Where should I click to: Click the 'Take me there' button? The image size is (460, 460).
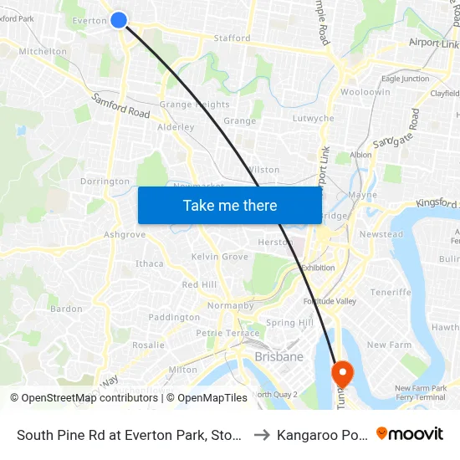click(230, 205)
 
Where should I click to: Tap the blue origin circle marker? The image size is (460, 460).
click(119, 20)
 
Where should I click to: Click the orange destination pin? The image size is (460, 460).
click(343, 371)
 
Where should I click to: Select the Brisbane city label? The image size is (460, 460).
click(279, 357)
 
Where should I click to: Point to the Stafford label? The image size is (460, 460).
click(232, 38)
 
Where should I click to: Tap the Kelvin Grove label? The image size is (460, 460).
click(219, 257)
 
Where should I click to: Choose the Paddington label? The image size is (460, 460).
click(174, 318)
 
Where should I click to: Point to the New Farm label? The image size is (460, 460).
click(389, 345)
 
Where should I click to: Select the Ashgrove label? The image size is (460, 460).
click(125, 235)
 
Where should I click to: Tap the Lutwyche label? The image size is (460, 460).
click(314, 119)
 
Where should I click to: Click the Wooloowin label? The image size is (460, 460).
click(365, 92)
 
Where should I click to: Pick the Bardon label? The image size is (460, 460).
click(67, 309)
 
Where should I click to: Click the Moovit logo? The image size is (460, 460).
click(410, 433)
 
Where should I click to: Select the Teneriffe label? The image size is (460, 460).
click(391, 293)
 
